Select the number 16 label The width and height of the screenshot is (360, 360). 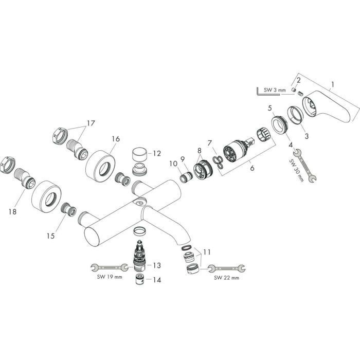click(115, 139)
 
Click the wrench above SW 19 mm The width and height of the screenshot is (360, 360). click(109, 267)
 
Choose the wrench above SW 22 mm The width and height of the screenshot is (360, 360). click(227, 267)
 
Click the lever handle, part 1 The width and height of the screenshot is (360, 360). click(327, 105)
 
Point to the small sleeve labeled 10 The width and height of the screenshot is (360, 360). click(185, 177)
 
